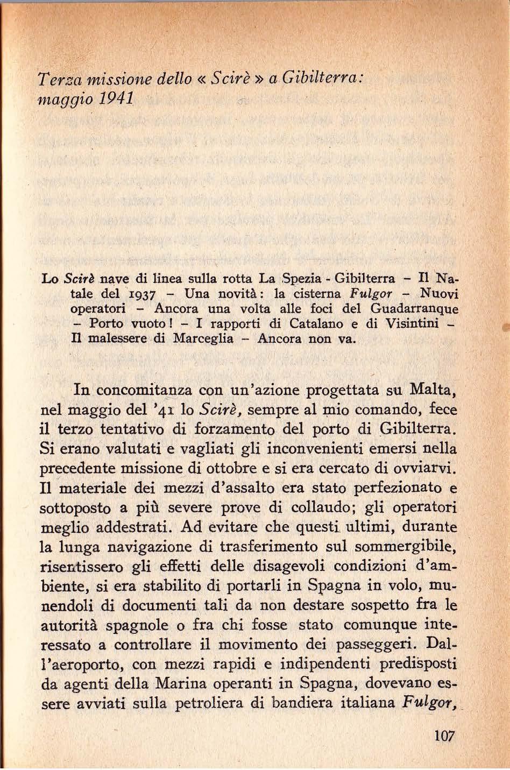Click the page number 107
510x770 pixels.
[x=445, y=736]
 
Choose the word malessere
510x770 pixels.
[x=110, y=340]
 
